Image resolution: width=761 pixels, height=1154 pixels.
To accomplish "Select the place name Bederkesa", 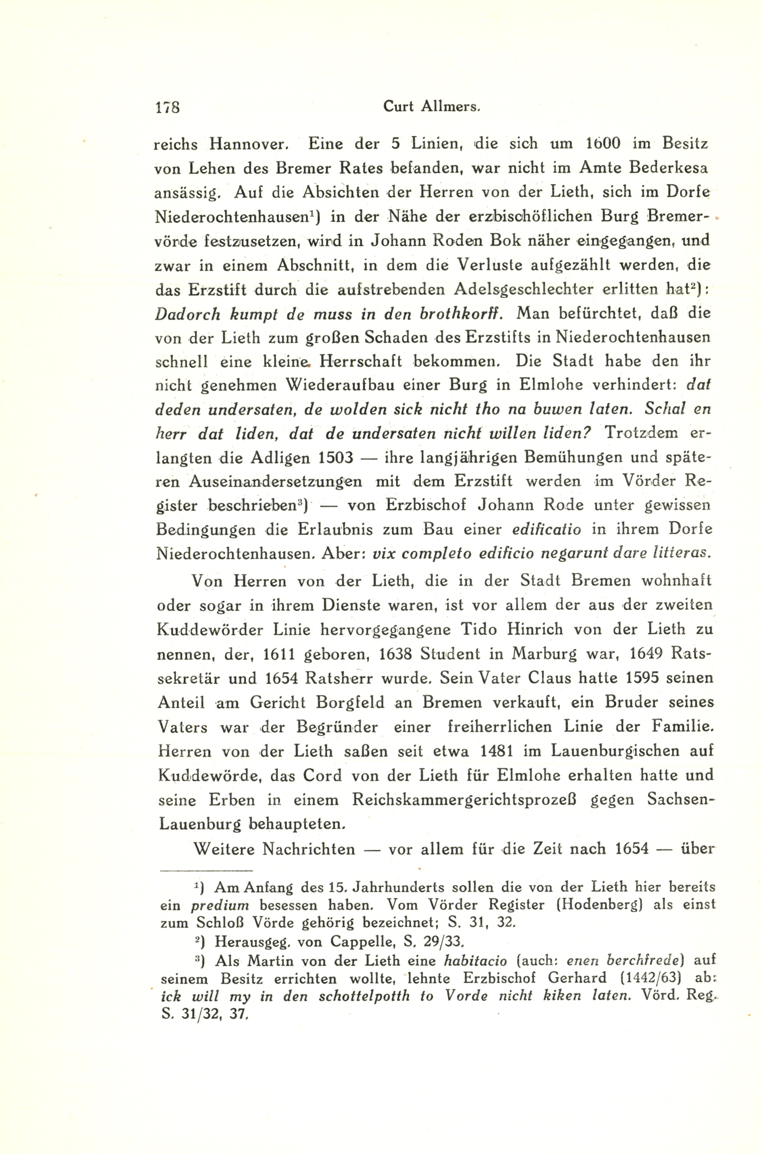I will pos(668,168).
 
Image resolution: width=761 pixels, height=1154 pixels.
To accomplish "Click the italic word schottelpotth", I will pos(364,996).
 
